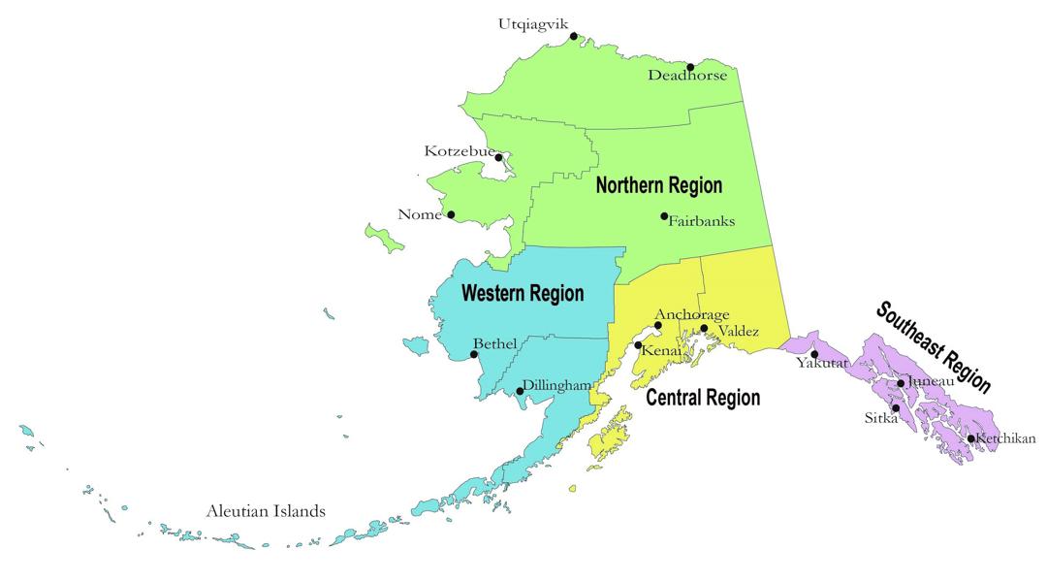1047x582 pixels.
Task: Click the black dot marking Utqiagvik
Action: click(x=574, y=37)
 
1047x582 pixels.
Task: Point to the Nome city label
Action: click(x=420, y=214)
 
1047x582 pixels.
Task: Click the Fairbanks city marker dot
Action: click(x=664, y=216)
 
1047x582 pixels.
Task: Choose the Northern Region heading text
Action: click(x=658, y=185)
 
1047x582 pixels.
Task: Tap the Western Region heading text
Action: click(x=522, y=293)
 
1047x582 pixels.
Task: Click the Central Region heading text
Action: click(x=703, y=398)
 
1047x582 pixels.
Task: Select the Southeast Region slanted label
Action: click(x=933, y=346)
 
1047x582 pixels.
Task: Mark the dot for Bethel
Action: click(x=474, y=354)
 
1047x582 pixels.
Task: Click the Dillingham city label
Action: click(x=556, y=385)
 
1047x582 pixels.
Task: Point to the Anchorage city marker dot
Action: click(x=658, y=326)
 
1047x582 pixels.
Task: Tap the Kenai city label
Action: click(x=662, y=350)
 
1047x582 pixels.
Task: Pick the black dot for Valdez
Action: click(x=705, y=329)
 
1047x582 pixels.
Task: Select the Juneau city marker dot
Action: click(x=901, y=383)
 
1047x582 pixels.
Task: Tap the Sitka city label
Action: click(x=881, y=418)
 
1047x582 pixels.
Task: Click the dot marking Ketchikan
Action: click(x=970, y=438)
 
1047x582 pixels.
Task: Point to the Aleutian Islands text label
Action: click(x=265, y=511)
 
